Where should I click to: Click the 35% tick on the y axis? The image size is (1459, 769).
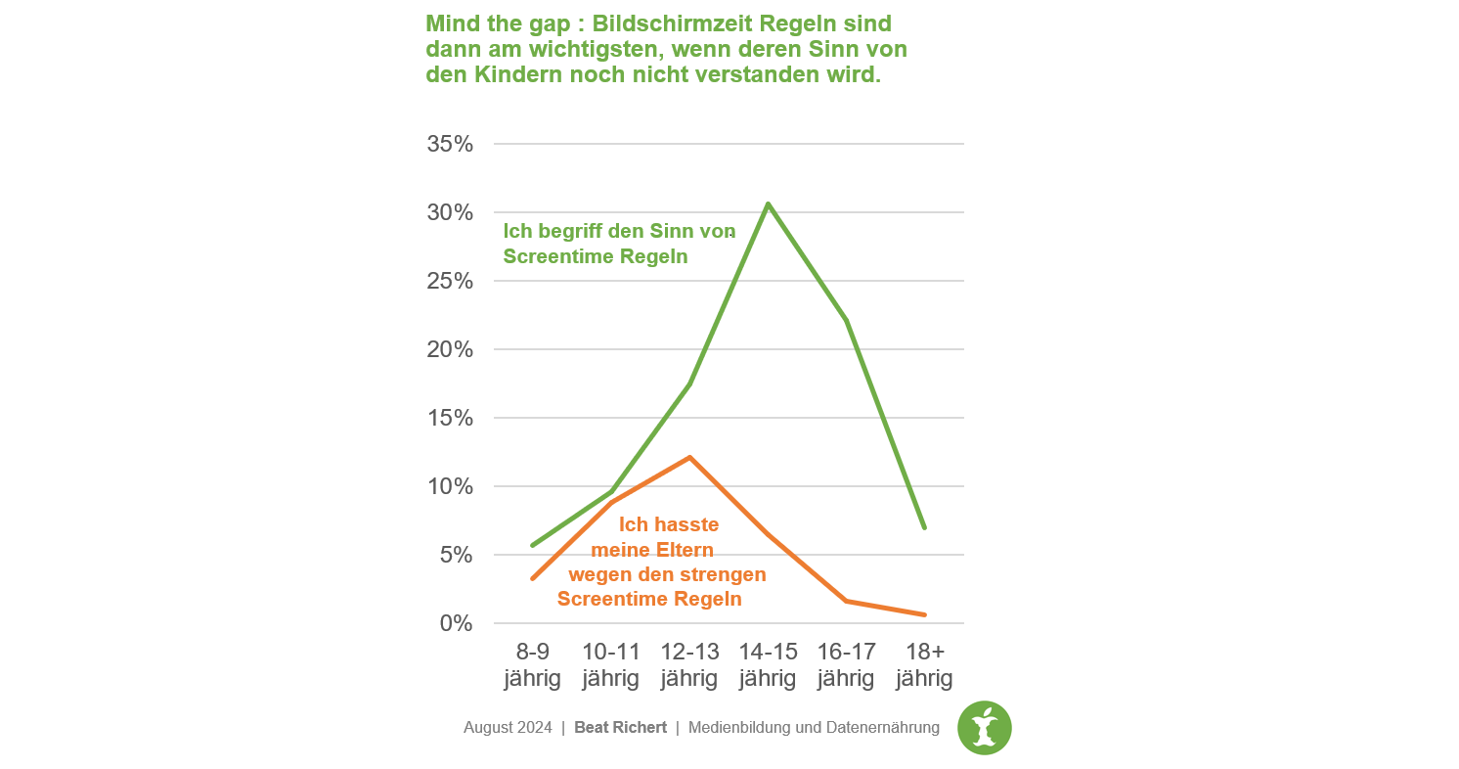click(x=450, y=145)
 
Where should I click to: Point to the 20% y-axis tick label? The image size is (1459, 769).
click(x=450, y=350)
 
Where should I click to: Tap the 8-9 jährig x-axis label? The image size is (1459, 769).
click(x=533, y=665)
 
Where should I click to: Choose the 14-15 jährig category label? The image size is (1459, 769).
click(x=768, y=665)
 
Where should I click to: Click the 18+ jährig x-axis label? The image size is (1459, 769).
click(x=924, y=665)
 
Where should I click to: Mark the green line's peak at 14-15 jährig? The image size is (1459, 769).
click(x=768, y=204)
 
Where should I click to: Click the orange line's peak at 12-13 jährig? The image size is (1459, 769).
click(x=689, y=457)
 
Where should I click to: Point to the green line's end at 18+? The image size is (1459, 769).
click(x=924, y=528)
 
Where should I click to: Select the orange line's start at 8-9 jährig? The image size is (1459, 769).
click(x=533, y=579)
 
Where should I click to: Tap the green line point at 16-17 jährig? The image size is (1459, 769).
click(x=846, y=320)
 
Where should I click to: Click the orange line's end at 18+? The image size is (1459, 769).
click(x=924, y=614)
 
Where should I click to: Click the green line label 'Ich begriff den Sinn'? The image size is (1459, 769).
click(x=618, y=233)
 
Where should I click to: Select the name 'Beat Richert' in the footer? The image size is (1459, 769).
click(x=620, y=728)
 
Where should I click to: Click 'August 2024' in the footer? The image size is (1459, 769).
click(x=508, y=728)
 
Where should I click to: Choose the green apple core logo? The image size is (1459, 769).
click(x=985, y=728)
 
